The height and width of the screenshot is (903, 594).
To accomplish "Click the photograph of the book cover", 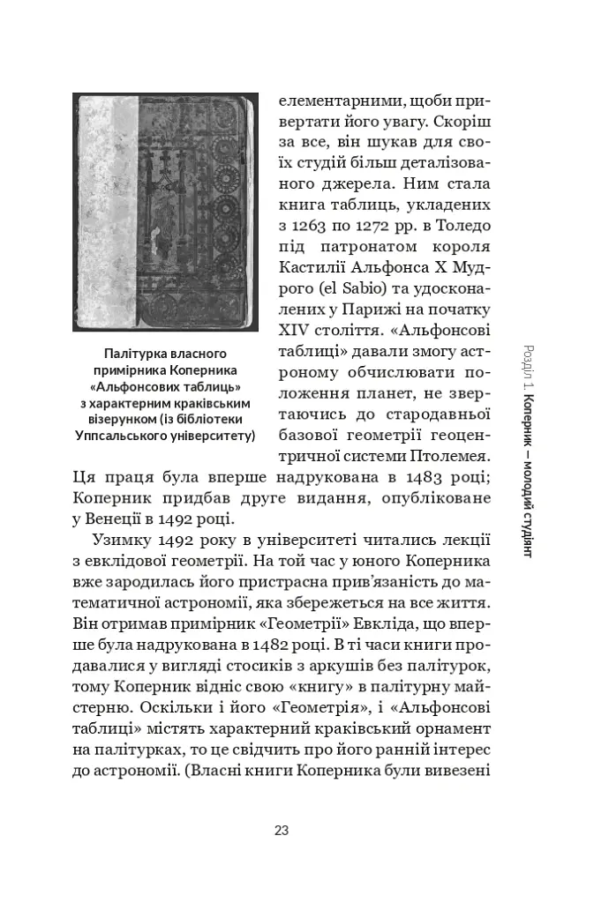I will [165, 212].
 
